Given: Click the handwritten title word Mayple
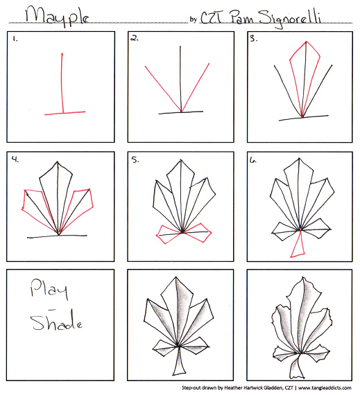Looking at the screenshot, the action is (57, 16).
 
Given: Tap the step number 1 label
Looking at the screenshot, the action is (15, 39).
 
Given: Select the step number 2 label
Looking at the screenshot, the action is (135, 38).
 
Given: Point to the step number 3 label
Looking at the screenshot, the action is (253, 39).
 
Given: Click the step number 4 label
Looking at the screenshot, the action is (15, 159).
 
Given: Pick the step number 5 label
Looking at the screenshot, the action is (135, 159).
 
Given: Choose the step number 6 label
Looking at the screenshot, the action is (253, 161).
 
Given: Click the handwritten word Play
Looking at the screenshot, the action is (49, 289).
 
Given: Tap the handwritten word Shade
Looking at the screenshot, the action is (56, 320).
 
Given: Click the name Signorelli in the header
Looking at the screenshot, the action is (290, 18).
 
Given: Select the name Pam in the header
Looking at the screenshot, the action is (242, 17).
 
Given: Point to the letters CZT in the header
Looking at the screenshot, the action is (212, 17).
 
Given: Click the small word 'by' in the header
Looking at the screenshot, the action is (194, 19).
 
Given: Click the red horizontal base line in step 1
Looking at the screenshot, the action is (65, 113).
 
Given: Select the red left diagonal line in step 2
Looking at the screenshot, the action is (163, 89).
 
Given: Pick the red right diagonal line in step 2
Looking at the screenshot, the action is (195, 87).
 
